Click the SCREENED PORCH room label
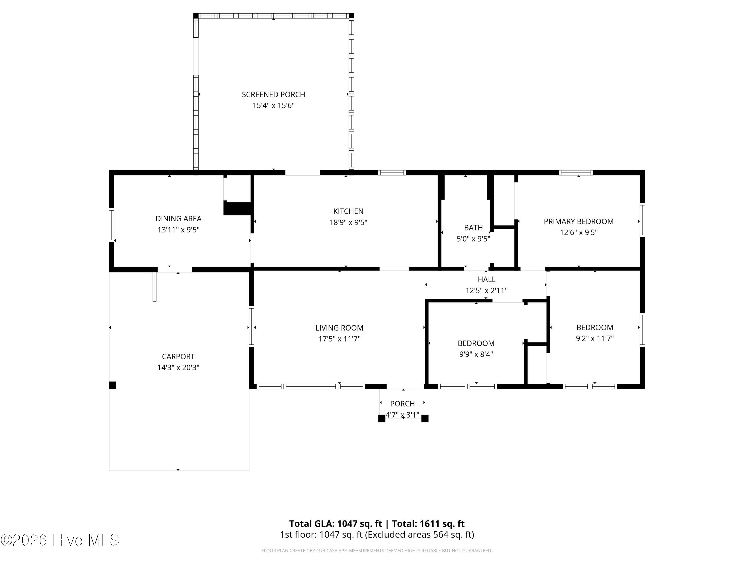click(x=273, y=95)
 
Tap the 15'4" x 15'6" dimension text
click(x=273, y=105)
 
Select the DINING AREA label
click(x=178, y=219)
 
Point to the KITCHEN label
click(x=348, y=211)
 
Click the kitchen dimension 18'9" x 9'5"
click(x=348, y=222)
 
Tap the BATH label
click(x=473, y=228)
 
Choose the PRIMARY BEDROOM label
click(x=579, y=221)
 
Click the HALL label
click(x=486, y=279)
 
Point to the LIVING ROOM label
click(x=339, y=328)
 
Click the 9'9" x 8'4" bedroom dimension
click(x=476, y=354)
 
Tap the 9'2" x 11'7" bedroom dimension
click(x=594, y=338)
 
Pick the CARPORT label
click(x=178, y=356)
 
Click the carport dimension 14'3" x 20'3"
click(x=178, y=368)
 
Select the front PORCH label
click(x=402, y=403)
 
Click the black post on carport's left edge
click(x=113, y=385)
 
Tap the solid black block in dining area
click(x=238, y=209)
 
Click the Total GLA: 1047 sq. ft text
click(x=336, y=524)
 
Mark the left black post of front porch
click(x=382, y=419)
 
